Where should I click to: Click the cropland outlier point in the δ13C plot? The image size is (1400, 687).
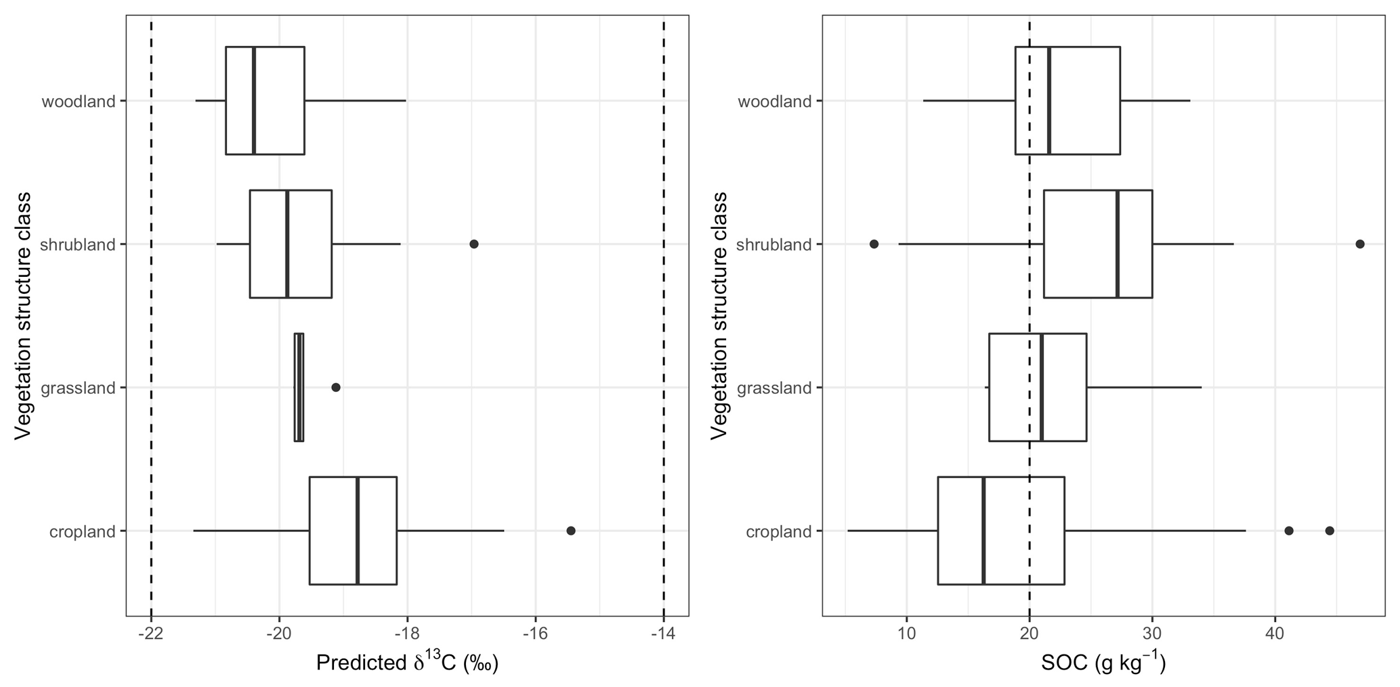click(570, 531)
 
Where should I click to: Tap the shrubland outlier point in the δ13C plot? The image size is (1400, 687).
click(474, 244)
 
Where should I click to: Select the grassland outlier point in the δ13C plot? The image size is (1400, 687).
click(335, 387)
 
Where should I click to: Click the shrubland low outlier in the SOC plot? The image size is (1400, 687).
click(874, 244)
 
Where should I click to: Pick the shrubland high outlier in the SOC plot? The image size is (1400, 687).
click(1359, 244)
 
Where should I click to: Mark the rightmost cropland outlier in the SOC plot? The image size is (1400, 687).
click(1330, 531)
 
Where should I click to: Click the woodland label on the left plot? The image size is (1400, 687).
click(79, 102)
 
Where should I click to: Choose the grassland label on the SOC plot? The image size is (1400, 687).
click(774, 389)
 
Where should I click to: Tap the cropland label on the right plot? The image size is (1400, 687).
click(778, 532)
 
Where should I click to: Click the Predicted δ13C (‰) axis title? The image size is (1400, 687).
click(407, 663)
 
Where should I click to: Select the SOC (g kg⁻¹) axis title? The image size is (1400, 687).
click(1103, 663)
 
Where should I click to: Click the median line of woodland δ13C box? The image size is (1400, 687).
click(253, 100)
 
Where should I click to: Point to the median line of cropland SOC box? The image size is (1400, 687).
click(983, 531)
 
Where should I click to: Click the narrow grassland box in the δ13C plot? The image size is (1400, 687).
click(299, 387)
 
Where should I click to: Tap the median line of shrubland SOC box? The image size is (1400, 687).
click(1117, 244)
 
